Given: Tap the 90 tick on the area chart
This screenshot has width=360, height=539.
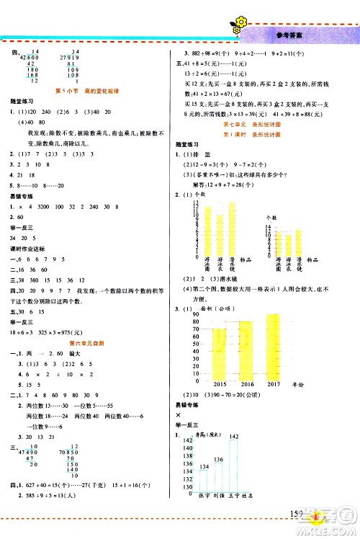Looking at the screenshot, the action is pyautogui.click(x=194, y=315).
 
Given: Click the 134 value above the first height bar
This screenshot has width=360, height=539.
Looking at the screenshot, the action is pyautogui.click(x=204, y=465).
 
